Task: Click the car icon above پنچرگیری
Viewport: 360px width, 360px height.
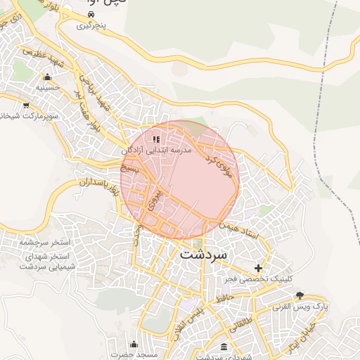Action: (91, 15)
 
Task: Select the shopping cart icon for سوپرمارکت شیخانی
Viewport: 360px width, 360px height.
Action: (26, 105)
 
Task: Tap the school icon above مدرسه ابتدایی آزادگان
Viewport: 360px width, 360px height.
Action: (156, 139)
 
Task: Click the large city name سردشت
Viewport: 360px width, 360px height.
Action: (203, 254)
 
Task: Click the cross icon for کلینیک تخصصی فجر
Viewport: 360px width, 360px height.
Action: (259, 268)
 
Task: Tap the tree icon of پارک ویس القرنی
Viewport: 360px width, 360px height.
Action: (300, 295)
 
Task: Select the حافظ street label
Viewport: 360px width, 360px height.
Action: (224, 300)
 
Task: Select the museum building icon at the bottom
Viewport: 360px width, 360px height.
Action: (224, 347)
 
